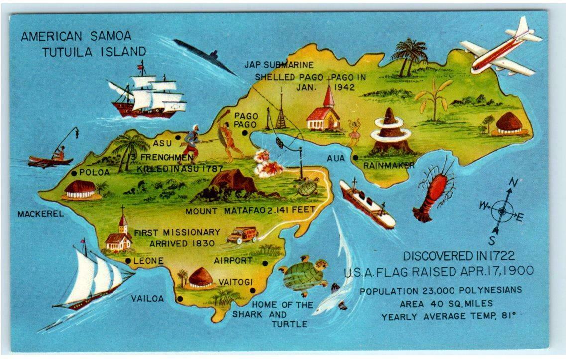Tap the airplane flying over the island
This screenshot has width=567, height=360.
pos(500,50)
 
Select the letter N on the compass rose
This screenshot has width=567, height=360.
pos(512,183)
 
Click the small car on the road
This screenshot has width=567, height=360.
pos(242,235)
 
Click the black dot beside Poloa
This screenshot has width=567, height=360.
pos(74,173)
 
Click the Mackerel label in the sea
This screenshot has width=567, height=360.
pos(41,214)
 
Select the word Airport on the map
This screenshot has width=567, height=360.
pos(233,260)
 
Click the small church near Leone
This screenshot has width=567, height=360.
pos(119,237)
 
